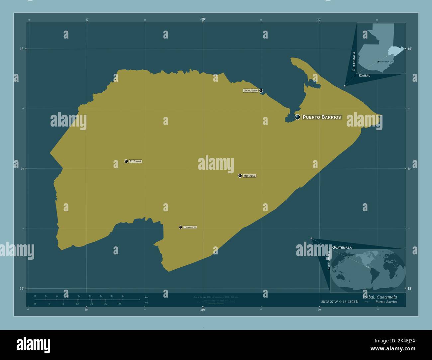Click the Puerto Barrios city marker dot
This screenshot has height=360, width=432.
click(297, 117)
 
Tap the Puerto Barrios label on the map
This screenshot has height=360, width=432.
click(322, 117)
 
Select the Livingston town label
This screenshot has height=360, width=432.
click(251, 91)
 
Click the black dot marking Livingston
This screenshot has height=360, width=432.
click(261, 91)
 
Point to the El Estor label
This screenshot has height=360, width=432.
click(136, 161)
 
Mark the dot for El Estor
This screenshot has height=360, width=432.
click(126, 161)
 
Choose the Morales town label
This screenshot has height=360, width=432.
click(249, 176)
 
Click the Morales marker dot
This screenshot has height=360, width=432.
click(240, 176)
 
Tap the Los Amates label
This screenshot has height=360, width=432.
click(190, 227)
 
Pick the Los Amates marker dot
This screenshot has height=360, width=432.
click(180, 227)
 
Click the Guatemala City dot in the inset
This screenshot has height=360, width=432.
click(378, 62)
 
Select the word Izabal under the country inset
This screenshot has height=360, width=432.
click(364, 76)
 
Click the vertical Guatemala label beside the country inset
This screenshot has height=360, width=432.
click(354, 61)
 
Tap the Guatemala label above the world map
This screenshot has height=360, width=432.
click(342, 248)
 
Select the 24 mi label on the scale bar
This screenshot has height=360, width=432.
click(120, 304)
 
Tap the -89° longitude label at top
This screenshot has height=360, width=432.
click(203, 19)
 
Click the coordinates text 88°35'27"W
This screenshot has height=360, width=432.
click(334, 302)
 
